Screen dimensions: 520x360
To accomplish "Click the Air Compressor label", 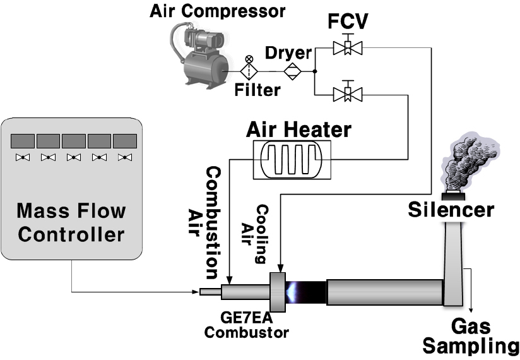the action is (217, 11).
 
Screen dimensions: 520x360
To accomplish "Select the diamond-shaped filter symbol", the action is (249, 71).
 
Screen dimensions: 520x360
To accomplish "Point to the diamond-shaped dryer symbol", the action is (292, 71).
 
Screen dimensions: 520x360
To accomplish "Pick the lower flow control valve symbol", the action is (348, 93).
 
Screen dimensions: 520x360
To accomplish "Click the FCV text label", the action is (348, 21).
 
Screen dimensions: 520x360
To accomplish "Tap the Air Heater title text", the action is (298, 129).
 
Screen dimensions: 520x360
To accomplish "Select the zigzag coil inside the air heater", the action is (292, 159).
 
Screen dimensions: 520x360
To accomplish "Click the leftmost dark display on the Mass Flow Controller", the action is (23, 141).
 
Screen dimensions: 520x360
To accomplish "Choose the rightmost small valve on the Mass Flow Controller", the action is (125, 157).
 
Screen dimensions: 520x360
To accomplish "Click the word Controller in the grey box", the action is (71, 234).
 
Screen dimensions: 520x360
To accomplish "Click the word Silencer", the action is (451, 210).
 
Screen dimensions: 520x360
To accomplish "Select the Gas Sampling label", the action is (471, 336).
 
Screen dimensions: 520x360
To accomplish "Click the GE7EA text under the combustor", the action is (246, 318).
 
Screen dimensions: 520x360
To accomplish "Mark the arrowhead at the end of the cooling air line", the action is (281, 268).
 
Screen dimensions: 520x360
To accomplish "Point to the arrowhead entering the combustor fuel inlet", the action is (196, 292).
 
